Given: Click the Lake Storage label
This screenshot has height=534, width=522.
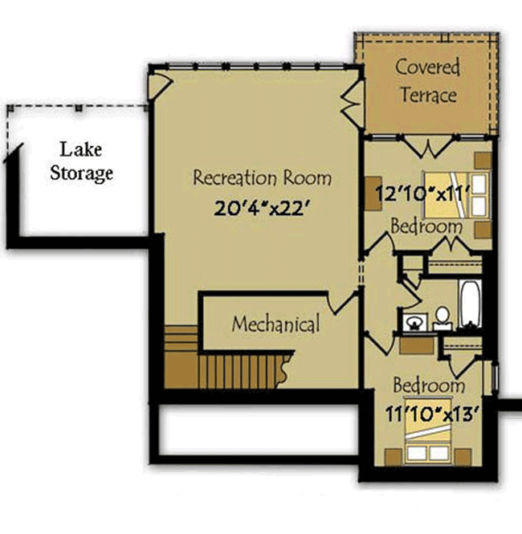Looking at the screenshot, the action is (81, 161).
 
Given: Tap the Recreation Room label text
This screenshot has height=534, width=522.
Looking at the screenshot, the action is (262, 177).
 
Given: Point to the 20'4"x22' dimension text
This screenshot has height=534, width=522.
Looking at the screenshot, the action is (262, 208).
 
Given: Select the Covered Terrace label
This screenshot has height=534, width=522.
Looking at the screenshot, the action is (428, 81).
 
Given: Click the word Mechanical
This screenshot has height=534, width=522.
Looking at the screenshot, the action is (275, 324).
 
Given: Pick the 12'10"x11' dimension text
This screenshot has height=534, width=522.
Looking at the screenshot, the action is (423, 194).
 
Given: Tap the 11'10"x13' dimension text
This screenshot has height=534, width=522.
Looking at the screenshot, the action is (432, 414).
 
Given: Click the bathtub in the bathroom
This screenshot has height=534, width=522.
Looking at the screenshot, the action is (470, 304).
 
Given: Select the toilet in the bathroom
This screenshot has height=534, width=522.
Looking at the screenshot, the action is (442, 319).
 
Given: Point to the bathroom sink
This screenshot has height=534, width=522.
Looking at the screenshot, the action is (414, 322).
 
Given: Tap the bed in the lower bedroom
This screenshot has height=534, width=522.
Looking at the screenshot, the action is (427, 430).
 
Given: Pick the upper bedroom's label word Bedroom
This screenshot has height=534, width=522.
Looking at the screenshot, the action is (426, 226).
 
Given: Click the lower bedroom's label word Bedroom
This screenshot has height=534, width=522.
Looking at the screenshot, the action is (429, 385).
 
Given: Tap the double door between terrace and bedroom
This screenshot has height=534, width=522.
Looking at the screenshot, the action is (428, 147).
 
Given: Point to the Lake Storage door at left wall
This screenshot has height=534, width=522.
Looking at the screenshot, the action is (14, 153).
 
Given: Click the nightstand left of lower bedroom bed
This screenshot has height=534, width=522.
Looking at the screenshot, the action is (393, 456).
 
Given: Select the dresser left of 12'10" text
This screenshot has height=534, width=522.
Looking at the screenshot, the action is (373, 193).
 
